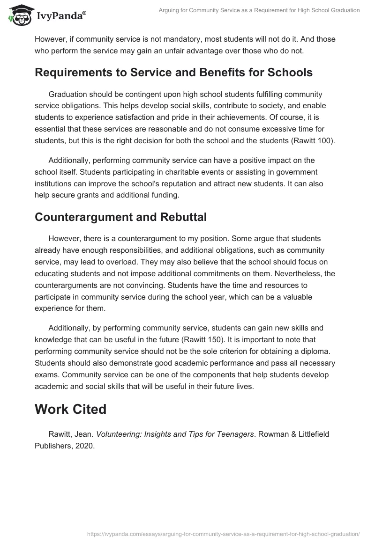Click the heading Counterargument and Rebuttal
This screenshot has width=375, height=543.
(x=120, y=217)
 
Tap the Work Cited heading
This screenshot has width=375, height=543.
(x=70, y=409)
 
